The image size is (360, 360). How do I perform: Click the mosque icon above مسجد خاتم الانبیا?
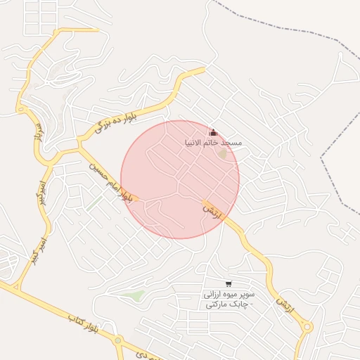point(213,132)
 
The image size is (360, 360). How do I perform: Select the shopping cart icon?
point(229,284)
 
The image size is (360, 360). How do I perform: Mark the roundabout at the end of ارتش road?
point(307,327)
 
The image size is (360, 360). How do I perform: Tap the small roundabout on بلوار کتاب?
point(118,341)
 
